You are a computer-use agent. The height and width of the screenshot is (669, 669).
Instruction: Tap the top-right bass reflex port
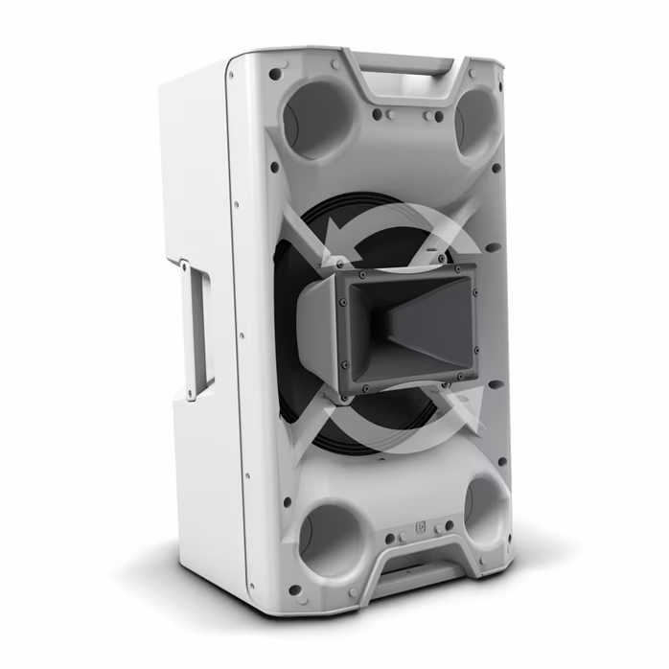tap(475, 122)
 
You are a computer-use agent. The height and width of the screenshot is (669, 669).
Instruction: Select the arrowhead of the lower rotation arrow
tap(465, 402)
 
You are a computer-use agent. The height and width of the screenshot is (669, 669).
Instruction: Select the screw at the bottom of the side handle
tap(193, 395)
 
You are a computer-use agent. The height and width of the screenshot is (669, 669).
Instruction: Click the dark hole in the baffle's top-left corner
tap(275, 73)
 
